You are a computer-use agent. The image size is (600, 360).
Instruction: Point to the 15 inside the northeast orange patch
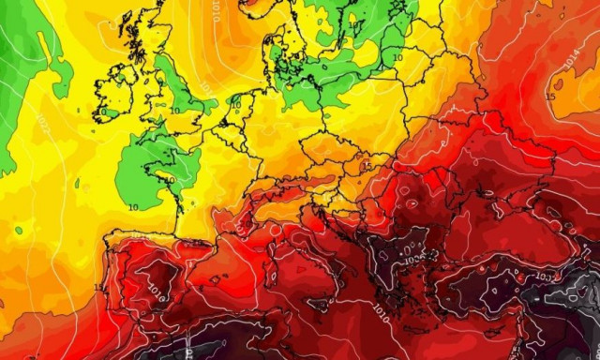(551, 95)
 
